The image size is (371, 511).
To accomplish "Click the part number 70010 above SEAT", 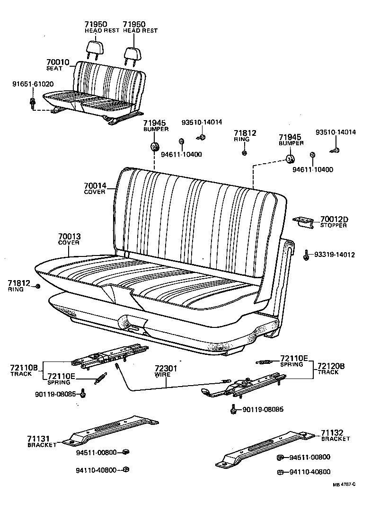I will (58, 62).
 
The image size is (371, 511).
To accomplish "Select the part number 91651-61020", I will (33, 84).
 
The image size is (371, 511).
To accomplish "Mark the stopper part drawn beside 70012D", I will (303, 221).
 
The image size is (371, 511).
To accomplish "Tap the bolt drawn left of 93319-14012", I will (306, 255).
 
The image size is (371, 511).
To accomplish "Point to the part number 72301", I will (165, 368).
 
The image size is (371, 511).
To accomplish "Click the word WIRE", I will (162, 374).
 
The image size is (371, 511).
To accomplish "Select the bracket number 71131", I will (39, 439).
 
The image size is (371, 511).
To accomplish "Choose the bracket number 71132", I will (335, 432).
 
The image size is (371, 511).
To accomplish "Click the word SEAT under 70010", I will (54, 69).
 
